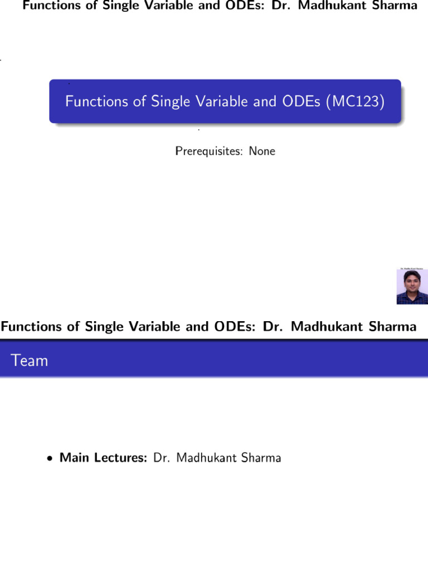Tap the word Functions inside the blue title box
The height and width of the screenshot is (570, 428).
click(x=93, y=101)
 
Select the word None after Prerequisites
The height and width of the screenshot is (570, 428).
click(x=262, y=151)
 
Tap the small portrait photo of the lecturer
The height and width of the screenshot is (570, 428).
click(x=412, y=287)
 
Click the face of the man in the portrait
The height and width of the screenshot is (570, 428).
click(x=412, y=282)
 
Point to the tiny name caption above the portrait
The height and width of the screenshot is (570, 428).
click(x=412, y=268)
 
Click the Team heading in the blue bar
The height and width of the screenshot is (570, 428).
click(x=30, y=361)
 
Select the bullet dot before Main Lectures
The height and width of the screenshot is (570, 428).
click(x=50, y=459)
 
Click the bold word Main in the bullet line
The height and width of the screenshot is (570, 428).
click(x=73, y=458)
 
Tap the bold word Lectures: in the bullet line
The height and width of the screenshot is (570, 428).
click(x=120, y=458)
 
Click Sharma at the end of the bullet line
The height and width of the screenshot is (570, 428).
click(x=261, y=458)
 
